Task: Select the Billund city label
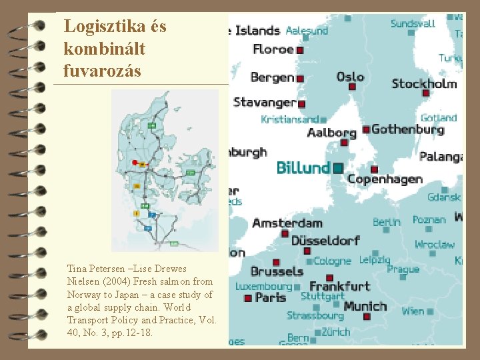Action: [303, 167]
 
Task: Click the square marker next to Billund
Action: [337, 167]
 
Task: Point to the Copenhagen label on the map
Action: [385, 179]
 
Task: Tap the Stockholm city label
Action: [424, 84]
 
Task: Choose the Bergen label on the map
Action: [272, 77]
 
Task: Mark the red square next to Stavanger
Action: [301, 104]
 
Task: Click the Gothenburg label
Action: [407, 129]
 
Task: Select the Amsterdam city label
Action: [287, 223]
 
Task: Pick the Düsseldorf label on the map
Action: [325, 240]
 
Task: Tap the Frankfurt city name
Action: [339, 287]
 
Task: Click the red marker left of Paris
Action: [248, 299]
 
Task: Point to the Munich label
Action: [365, 306]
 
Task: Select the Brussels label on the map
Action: [277, 271]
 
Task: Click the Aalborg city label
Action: [331, 133]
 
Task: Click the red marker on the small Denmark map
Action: [135, 162]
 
